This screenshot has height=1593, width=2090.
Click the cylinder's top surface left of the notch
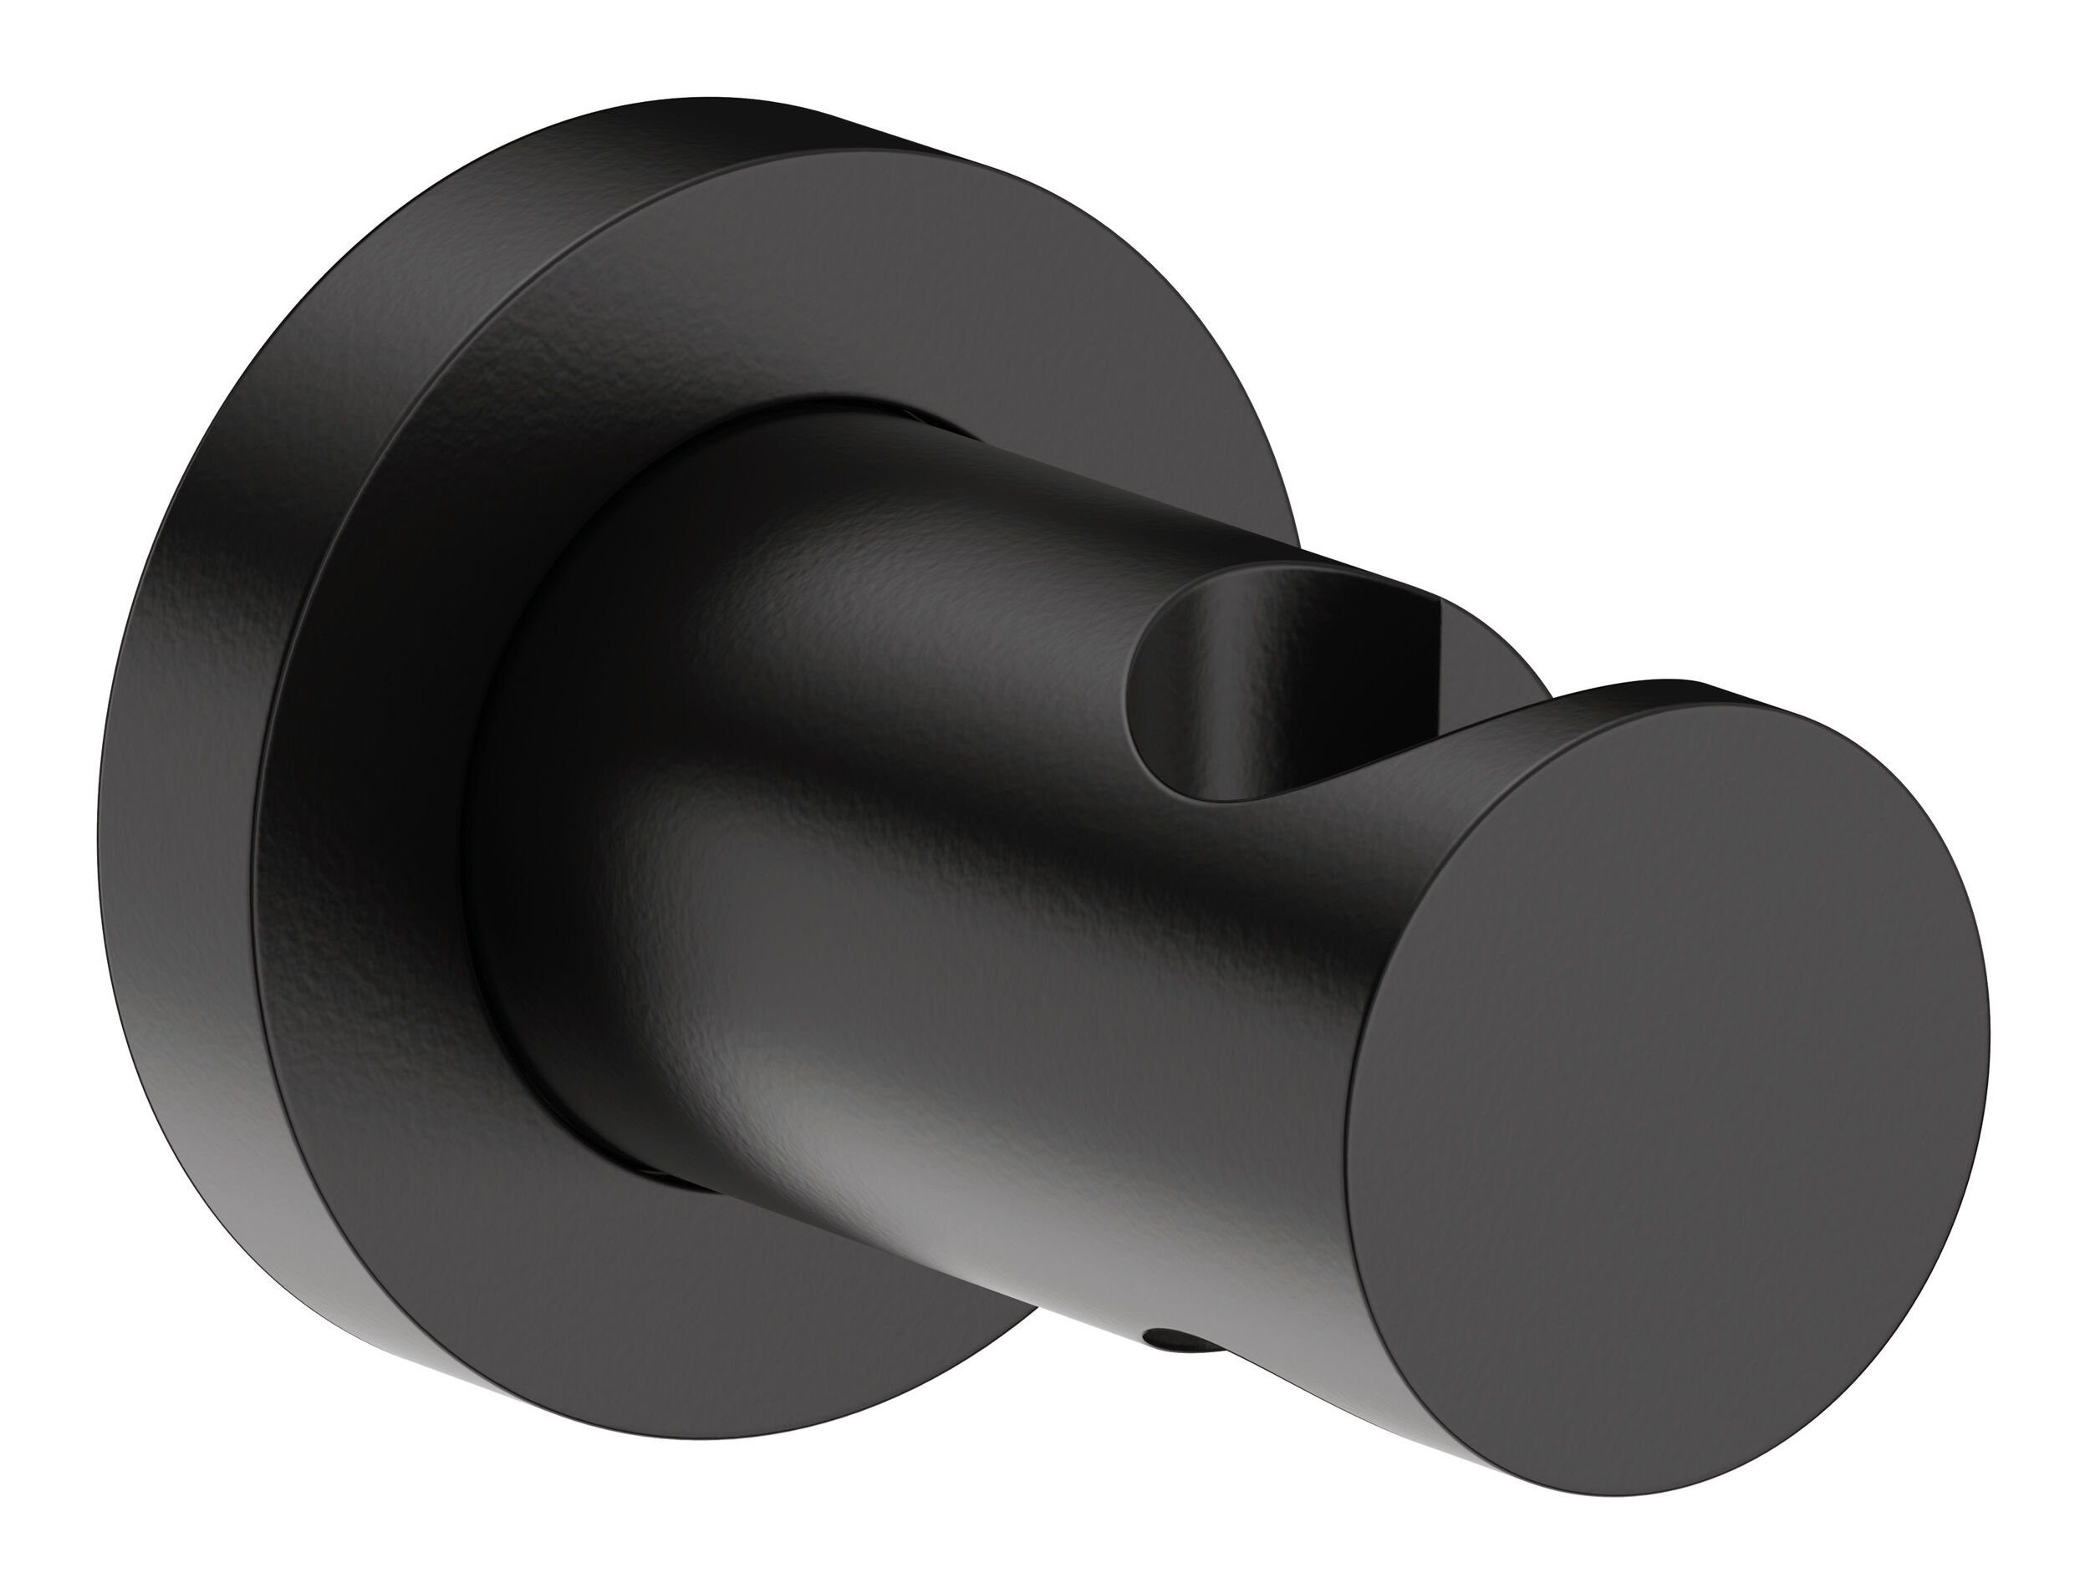pyautogui.click(x=948, y=531)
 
